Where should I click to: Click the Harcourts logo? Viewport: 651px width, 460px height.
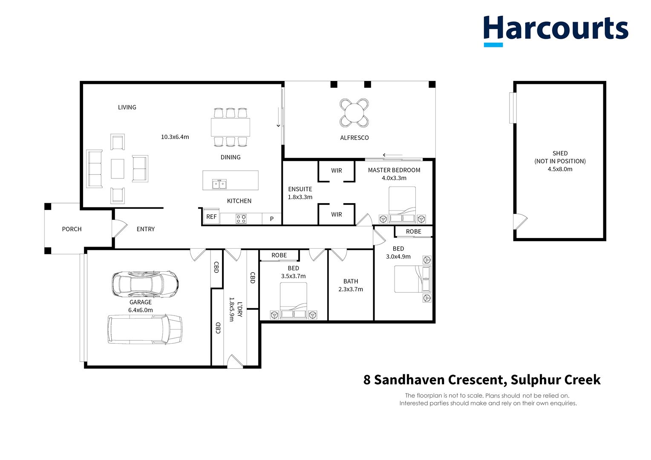556,30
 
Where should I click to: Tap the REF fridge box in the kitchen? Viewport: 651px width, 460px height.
211,217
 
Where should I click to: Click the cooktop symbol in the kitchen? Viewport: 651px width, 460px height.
241,219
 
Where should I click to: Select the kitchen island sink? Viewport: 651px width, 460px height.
220,184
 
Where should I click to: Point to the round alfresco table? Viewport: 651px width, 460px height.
354,113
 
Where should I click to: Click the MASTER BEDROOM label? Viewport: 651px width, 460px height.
394,170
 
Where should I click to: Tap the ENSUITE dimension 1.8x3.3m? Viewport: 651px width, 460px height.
300,197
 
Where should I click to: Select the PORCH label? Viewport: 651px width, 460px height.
72,229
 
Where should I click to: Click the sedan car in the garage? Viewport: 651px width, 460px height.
145,283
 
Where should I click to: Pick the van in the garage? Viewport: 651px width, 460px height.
145,329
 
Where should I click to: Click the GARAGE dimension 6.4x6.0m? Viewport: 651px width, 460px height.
141,310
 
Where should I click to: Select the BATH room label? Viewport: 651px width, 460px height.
351,281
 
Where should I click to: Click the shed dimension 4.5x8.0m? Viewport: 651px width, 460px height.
560,169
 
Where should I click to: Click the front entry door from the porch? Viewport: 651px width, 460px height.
119,228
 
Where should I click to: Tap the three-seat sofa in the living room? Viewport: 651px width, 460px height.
94,169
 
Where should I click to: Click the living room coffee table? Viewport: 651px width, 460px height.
118,169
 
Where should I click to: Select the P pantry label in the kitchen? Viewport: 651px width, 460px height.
272,219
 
